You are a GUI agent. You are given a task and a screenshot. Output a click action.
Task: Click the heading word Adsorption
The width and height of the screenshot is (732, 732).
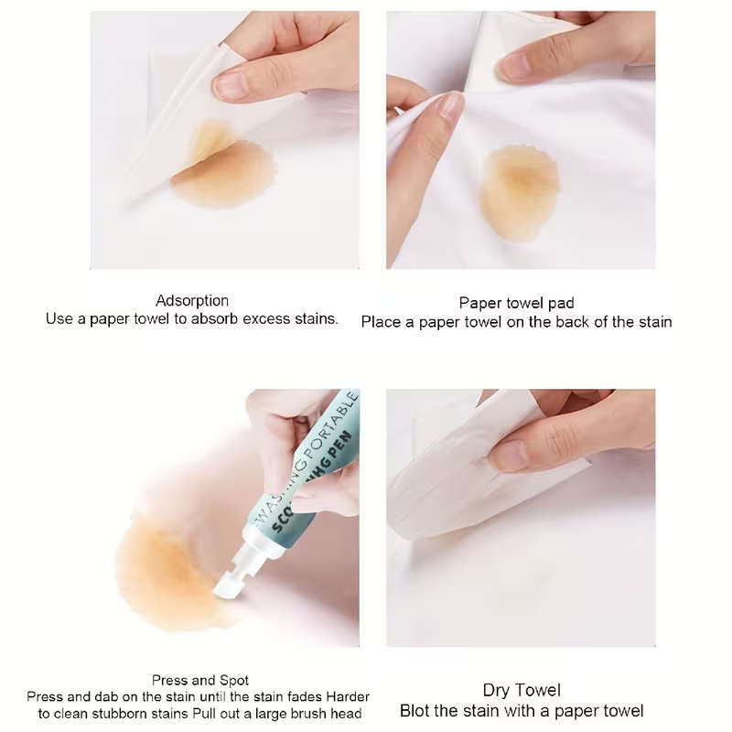(192, 301)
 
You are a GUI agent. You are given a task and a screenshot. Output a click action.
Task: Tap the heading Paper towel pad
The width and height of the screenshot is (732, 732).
(516, 303)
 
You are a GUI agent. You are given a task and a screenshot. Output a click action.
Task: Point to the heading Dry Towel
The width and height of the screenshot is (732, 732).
(522, 691)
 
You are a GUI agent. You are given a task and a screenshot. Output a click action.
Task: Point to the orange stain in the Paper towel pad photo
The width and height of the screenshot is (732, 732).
(519, 193)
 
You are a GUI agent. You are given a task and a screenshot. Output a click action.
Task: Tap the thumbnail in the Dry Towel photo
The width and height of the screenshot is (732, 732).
(511, 455)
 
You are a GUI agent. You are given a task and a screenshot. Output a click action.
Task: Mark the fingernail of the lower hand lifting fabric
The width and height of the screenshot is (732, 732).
(451, 108)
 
